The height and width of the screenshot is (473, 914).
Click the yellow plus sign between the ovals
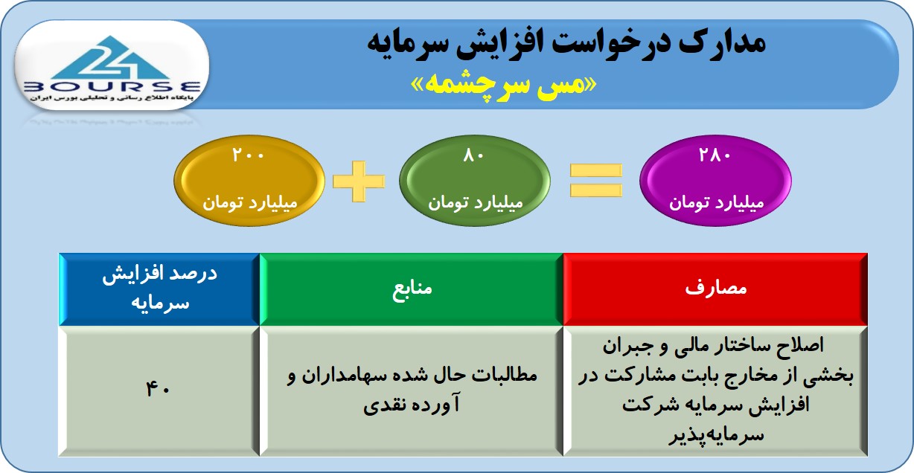pos(359,181)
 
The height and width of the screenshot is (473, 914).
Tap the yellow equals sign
pos(595,180)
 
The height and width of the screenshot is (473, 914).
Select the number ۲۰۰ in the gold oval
pos(249,155)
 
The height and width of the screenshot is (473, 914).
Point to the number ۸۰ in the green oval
pos(473,155)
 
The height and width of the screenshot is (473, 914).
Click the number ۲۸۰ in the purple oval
pos(715,155)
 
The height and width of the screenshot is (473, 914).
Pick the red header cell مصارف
pos(716,289)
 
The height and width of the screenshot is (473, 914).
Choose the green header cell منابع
pos(412,289)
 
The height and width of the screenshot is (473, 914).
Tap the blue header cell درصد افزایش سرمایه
pos(159,289)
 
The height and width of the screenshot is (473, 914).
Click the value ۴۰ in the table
pos(158,390)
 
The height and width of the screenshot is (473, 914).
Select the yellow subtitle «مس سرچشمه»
pos(504,86)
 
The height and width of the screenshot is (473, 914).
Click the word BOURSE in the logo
pos(112,87)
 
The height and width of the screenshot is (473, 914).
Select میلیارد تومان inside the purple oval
pos(716,202)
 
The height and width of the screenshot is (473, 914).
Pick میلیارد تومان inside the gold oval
pos(250,202)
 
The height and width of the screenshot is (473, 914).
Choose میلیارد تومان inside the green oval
pos(476,202)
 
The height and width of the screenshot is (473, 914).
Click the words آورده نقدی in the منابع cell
pos(412,405)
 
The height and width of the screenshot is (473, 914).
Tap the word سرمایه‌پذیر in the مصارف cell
pos(716,435)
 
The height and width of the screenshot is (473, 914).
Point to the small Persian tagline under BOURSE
pos(111,98)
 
